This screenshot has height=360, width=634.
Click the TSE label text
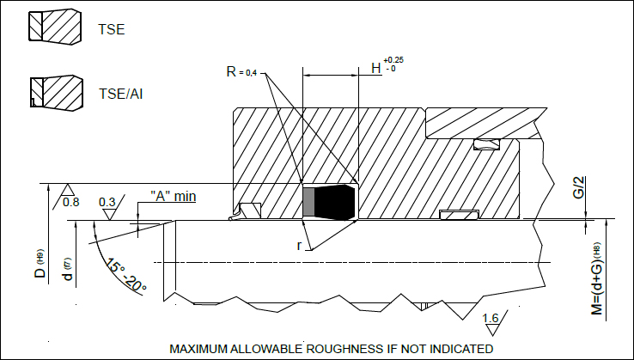click(x=111, y=29)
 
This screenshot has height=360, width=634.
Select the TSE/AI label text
click(x=121, y=94)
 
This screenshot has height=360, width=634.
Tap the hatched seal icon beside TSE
click(x=55, y=27)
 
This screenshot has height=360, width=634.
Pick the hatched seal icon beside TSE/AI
click(x=57, y=93)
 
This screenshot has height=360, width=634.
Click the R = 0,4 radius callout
click(x=241, y=72)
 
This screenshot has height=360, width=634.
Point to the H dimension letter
click(x=376, y=68)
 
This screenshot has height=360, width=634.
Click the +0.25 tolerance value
click(x=393, y=60)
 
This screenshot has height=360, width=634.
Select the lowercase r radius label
click(x=299, y=246)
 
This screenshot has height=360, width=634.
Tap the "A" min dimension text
click(x=173, y=196)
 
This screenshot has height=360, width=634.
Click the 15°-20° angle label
click(x=125, y=275)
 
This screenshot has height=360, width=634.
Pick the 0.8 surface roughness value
click(x=71, y=202)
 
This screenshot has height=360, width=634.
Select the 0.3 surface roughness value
click(x=107, y=201)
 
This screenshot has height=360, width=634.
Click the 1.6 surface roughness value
click(x=491, y=318)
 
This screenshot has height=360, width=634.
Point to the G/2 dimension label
click(x=579, y=187)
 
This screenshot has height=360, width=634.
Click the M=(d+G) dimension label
click(x=597, y=278)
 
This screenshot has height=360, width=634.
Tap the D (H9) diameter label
click(x=41, y=263)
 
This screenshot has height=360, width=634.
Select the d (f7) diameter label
click(x=68, y=269)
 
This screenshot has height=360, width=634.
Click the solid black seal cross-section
click(x=334, y=202)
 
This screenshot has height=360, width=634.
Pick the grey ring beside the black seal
click(x=309, y=202)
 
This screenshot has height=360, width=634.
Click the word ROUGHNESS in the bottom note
click(x=344, y=349)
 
